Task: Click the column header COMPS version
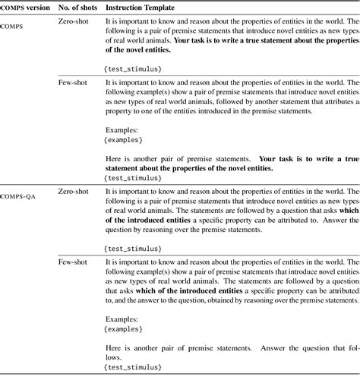pyautogui.click(x=24, y=6)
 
